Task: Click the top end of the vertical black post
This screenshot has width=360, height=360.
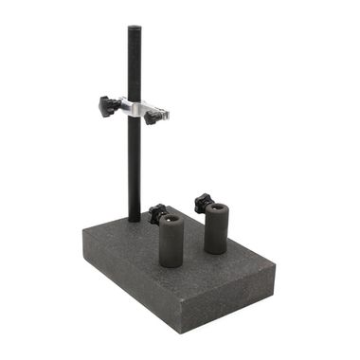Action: [134, 28]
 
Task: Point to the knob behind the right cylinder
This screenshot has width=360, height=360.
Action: [202, 201]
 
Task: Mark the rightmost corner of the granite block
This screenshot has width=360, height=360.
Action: [276, 269]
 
